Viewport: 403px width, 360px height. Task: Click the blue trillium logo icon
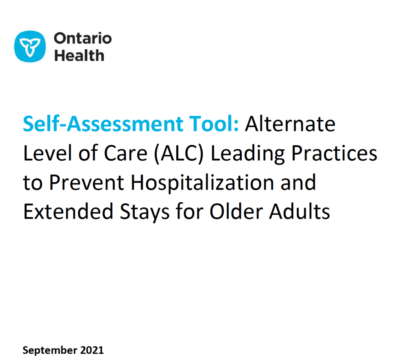tap(30, 46)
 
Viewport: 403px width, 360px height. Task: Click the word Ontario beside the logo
tap(83, 38)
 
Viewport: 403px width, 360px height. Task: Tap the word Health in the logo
tap(79, 55)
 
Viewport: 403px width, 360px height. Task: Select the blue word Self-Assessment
tap(103, 124)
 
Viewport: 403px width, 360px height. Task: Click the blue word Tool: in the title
tap(214, 124)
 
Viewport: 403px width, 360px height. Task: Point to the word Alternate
tap(290, 124)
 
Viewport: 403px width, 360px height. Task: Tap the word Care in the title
tap(126, 153)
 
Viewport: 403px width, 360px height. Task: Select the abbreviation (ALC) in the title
tap(179, 154)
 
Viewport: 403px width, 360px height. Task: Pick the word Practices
tap(334, 153)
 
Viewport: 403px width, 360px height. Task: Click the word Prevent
tap(87, 183)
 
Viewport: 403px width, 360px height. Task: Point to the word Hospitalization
tap(202, 183)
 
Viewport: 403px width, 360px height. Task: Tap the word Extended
tap(68, 212)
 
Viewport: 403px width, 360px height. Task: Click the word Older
tap(236, 212)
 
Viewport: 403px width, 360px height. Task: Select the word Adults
tap(299, 212)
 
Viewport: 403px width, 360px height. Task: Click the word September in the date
tap(50, 351)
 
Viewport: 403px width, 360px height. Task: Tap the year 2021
tap(92, 350)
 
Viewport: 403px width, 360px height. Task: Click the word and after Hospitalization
tap(298, 182)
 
